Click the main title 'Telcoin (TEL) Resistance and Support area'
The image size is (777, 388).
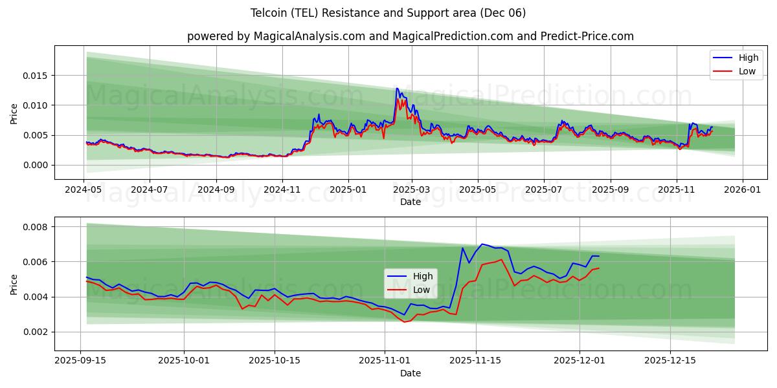(388, 13)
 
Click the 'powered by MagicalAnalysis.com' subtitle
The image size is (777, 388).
(411, 36)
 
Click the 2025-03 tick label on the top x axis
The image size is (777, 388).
(412, 190)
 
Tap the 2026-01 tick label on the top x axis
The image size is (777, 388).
(742, 190)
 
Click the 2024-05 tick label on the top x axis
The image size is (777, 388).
(84, 190)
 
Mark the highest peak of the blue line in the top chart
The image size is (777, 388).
(397, 88)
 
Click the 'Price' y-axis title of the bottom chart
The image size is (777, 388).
(14, 284)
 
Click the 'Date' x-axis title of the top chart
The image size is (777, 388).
(410, 202)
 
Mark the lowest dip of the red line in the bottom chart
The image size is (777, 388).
(405, 322)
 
